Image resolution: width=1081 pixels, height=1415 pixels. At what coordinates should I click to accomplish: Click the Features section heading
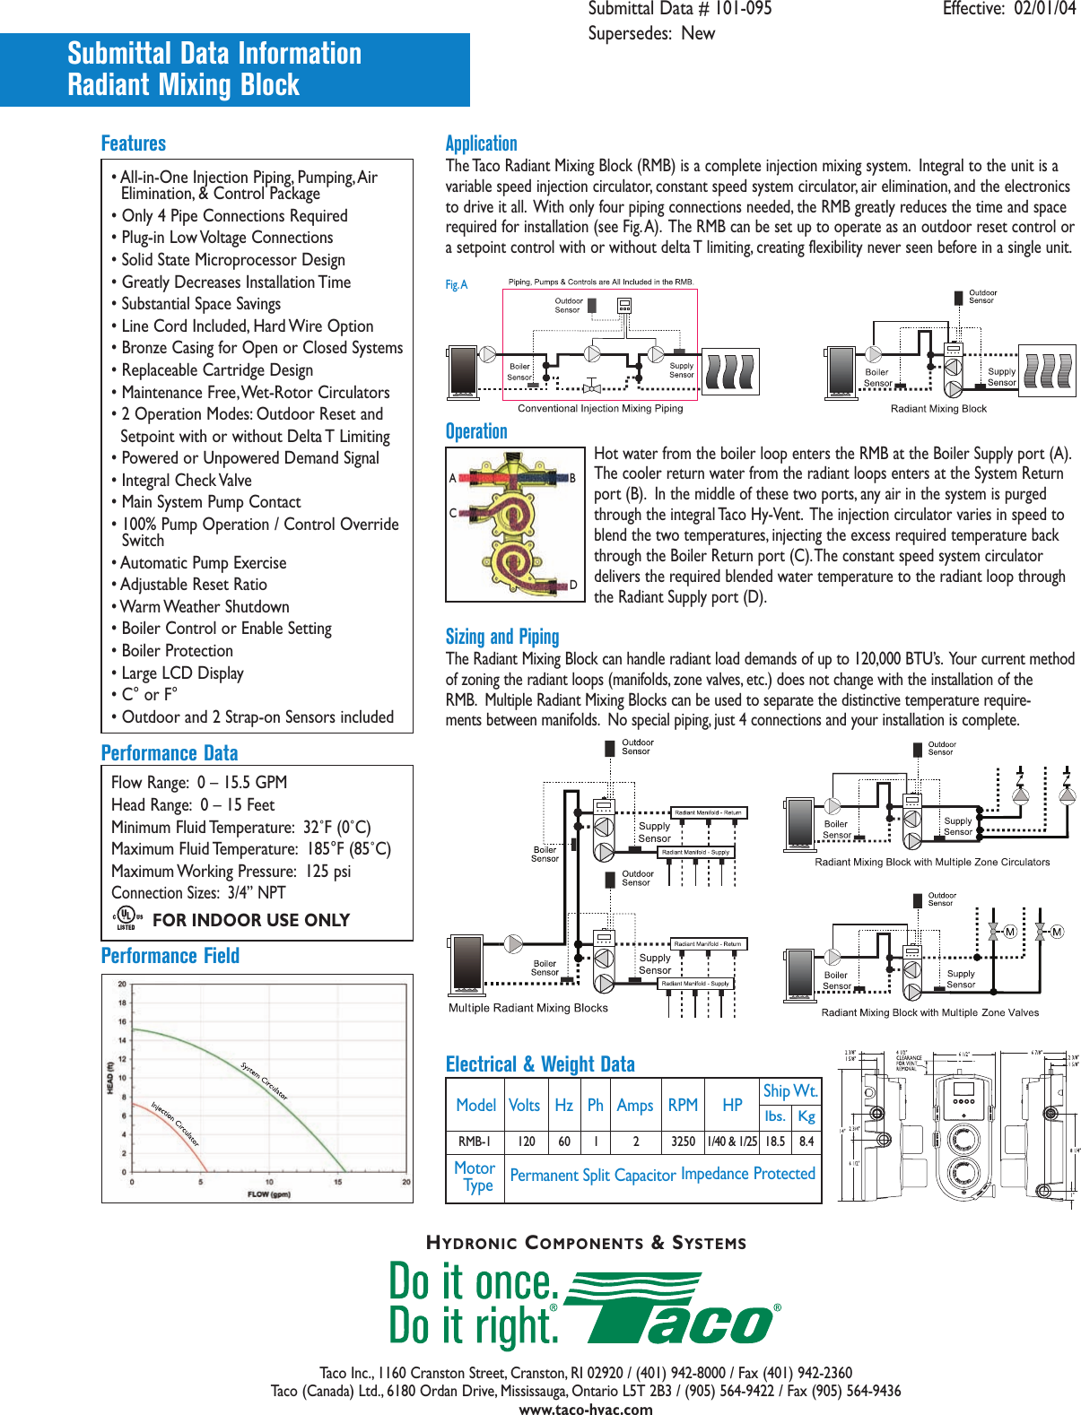pos(134,143)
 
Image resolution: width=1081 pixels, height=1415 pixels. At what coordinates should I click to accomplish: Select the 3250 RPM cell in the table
pos(683,1142)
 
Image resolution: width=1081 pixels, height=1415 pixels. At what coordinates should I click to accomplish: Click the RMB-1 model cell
pos(475,1142)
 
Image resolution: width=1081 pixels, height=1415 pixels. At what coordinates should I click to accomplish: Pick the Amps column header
pos(634,1106)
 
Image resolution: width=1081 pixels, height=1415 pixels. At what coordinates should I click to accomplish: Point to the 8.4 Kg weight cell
pos(806,1142)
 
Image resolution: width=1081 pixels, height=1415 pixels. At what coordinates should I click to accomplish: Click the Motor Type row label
pos(475,1176)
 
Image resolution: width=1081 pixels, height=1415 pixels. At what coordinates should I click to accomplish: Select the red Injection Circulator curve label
pos(175,1124)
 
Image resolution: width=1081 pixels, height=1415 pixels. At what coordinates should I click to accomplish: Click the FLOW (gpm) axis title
pos(268,1194)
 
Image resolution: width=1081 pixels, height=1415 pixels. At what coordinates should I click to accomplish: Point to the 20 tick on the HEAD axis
pos(122,984)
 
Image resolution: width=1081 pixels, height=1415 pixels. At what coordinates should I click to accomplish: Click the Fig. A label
pos(457,285)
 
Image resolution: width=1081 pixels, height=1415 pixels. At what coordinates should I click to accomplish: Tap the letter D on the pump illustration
pos(573,586)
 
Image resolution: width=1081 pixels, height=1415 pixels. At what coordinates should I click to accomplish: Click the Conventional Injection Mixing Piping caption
pos(600,408)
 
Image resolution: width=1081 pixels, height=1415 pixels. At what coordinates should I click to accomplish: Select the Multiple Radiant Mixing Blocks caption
pos(527,1008)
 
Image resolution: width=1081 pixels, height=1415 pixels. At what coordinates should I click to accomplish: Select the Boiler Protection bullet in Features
pos(177,651)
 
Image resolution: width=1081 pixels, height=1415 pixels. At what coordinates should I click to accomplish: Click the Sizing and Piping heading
pos(502,637)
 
